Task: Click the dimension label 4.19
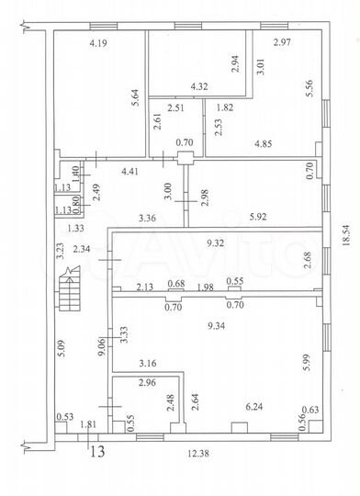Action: (99, 42)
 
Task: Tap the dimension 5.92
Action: (262, 217)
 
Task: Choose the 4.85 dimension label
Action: (266, 142)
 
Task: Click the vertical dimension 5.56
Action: (310, 87)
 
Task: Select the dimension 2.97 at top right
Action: (282, 43)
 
